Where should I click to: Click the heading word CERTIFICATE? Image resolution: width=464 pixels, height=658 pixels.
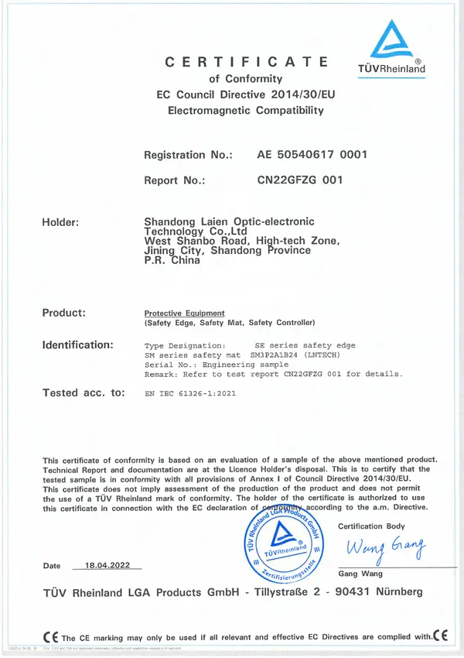click(x=247, y=62)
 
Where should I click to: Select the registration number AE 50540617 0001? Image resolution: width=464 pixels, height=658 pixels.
click(x=312, y=155)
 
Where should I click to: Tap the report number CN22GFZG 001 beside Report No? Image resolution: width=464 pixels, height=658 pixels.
click(x=299, y=180)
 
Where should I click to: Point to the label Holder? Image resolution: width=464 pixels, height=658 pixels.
click(x=61, y=223)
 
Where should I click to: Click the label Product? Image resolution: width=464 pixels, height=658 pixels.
click(x=64, y=312)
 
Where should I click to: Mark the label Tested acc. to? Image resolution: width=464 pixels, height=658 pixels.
click(x=84, y=392)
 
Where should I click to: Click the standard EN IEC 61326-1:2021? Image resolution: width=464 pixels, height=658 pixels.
click(x=190, y=394)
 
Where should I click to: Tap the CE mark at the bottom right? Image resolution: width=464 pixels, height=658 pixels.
click(x=442, y=636)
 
